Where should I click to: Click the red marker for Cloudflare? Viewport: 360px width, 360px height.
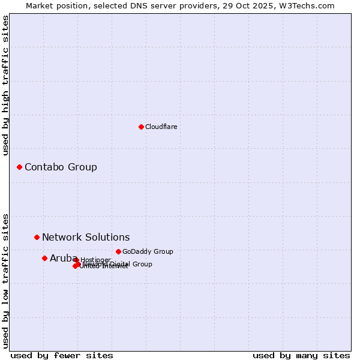coord(141,127)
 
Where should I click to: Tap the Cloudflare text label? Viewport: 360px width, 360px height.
coord(161,127)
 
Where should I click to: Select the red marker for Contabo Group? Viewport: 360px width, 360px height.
coord(19,167)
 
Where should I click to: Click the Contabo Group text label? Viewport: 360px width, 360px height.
coord(61,167)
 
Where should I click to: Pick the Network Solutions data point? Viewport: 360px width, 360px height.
coord(37,237)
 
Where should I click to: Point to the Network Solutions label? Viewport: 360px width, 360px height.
coord(86,237)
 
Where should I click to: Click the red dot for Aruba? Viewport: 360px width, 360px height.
coord(44,258)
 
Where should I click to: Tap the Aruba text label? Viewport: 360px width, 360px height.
coord(60,258)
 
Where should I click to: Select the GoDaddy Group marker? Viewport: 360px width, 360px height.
coord(118,251)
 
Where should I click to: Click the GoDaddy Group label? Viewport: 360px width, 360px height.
coord(148,251)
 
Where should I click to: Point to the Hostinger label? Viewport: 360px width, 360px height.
coord(95,260)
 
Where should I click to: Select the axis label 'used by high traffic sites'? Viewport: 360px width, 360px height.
coord(5,85)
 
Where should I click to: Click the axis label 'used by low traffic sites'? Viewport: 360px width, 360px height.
coord(5,280)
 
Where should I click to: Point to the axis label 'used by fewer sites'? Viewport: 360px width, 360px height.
coord(62,355)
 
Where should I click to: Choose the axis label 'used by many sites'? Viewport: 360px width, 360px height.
coord(301,355)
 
